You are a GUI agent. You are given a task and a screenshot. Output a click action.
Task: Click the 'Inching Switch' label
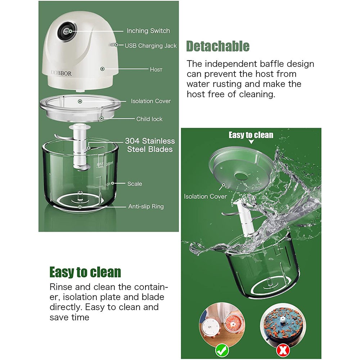click(x=148, y=31)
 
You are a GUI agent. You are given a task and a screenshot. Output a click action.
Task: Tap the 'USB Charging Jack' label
click(x=150, y=46)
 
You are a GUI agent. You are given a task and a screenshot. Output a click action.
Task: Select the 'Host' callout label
click(x=156, y=69)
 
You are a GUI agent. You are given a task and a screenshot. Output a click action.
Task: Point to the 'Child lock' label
click(x=149, y=119)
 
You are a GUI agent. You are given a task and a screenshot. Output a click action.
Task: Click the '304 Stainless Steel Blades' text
click(x=150, y=145)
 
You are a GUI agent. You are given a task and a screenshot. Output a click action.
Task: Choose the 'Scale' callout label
click(x=135, y=184)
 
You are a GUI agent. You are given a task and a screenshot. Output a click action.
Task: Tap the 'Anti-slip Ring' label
click(x=146, y=206)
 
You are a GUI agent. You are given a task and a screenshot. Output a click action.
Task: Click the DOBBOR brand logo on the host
click(x=61, y=73)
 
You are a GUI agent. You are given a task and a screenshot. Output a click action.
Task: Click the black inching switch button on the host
click(x=67, y=31)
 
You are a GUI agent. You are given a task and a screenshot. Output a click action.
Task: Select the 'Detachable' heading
click(x=218, y=46)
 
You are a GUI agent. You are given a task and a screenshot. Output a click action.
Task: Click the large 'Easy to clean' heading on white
click(x=85, y=272)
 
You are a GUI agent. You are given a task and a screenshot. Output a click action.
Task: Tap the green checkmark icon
click(x=222, y=351)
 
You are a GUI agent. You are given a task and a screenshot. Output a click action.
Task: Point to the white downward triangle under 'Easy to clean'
click(x=251, y=142)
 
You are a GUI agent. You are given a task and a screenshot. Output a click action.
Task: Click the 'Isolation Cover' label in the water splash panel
click(x=205, y=196)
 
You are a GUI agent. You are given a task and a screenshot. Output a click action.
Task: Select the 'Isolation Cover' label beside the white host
click(x=151, y=101)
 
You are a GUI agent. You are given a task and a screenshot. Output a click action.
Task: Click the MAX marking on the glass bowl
click(x=100, y=165)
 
